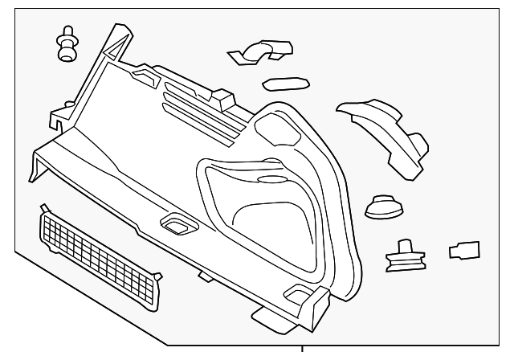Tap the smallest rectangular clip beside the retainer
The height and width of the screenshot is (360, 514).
click(464, 250)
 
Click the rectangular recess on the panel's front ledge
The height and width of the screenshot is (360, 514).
click(174, 224)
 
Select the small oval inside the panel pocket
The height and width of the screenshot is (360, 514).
click(269, 181)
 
